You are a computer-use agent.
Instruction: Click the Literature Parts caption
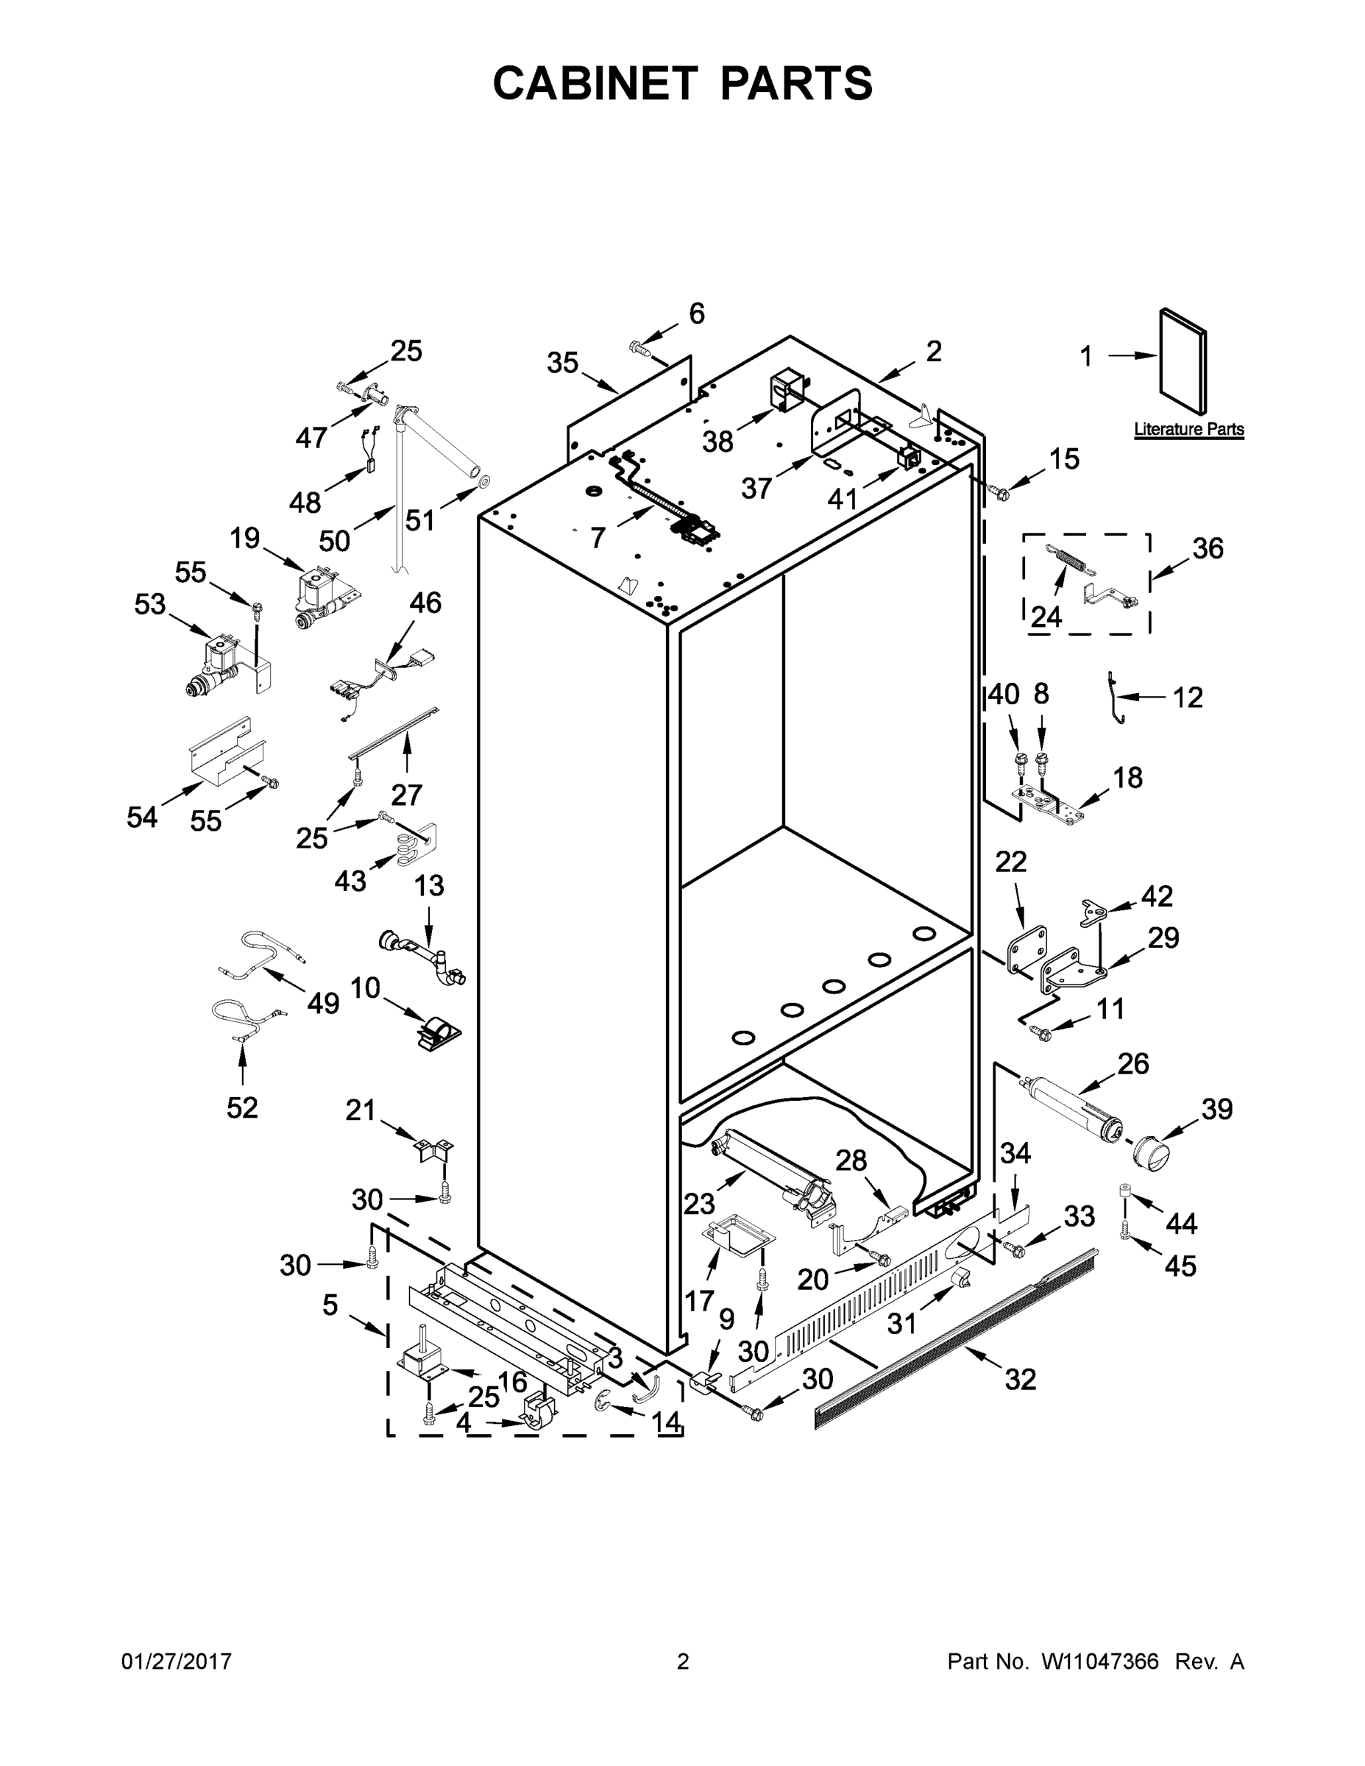click(1188, 430)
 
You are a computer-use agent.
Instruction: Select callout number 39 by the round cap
click(1216, 1109)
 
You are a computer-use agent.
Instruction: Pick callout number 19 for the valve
click(244, 539)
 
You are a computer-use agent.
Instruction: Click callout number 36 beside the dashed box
click(1208, 548)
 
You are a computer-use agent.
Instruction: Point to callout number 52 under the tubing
click(242, 1107)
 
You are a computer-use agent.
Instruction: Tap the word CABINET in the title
click(595, 82)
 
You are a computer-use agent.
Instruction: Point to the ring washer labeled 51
click(484, 482)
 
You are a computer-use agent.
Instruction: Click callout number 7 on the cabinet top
click(598, 537)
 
